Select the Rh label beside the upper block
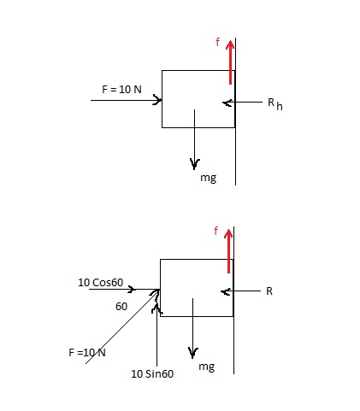(x=271, y=104)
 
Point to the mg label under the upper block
(x=208, y=178)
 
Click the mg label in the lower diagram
(x=206, y=366)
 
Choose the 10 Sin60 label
(x=152, y=373)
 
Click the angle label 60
(x=121, y=304)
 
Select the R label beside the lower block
(x=269, y=291)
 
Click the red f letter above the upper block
(x=217, y=40)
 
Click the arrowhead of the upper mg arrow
(x=196, y=162)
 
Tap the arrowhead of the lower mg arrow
(x=194, y=351)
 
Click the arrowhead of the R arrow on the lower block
(x=225, y=291)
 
